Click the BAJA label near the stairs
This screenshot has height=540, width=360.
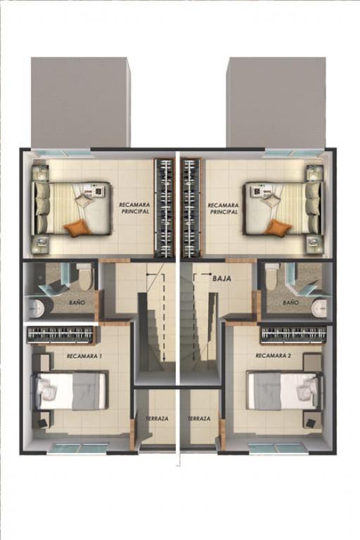(222, 278)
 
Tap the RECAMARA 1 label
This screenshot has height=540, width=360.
(84, 356)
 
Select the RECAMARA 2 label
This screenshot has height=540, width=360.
(274, 355)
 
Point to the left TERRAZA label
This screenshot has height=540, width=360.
(157, 418)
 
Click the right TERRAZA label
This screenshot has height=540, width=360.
(199, 418)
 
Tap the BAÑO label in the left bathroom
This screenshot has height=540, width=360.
(77, 303)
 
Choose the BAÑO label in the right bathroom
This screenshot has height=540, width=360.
(291, 302)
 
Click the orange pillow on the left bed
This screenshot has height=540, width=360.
(77, 228)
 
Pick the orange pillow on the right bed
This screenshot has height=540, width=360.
(279, 228)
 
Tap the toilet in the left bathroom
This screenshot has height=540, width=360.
(84, 276)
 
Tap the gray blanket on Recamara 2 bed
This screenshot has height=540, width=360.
(268, 392)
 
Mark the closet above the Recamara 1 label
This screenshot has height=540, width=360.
(60, 335)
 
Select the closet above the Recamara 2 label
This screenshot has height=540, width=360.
(294, 335)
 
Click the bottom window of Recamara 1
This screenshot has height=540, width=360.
(82, 448)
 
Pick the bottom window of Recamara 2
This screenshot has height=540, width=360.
(276, 448)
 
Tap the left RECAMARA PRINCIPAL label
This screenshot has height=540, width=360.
(135, 208)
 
